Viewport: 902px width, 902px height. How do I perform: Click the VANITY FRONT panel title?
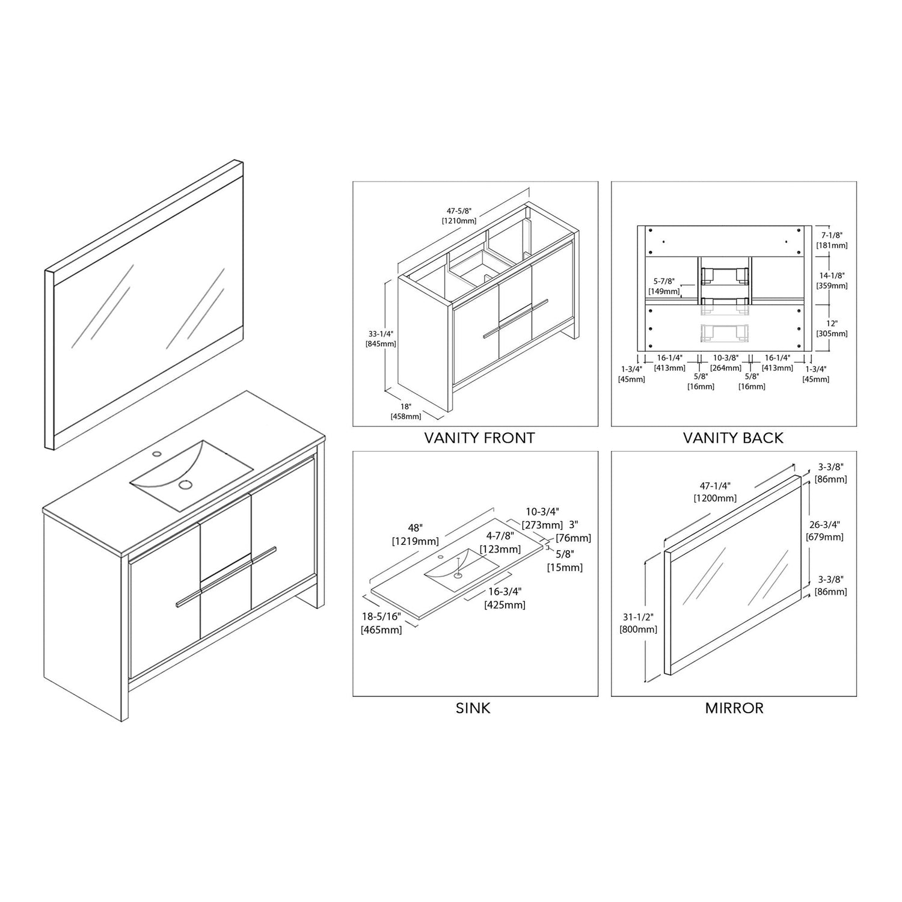click(x=479, y=438)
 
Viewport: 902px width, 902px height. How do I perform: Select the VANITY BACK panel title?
click(x=733, y=438)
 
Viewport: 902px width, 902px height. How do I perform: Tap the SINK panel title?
click(x=473, y=708)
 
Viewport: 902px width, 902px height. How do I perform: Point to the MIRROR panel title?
click(x=734, y=708)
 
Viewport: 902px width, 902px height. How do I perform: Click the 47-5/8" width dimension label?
click(x=459, y=216)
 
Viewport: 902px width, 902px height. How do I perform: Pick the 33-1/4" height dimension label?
click(x=381, y=339)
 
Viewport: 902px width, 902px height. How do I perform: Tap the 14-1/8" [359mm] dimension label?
click(x=832, y=281)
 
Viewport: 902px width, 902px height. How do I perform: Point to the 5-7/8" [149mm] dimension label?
click(x=664, y=286)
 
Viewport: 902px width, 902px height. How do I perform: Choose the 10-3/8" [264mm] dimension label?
click(x=725, y=363)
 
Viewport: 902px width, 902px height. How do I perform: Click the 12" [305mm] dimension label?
click(x=832, y=328)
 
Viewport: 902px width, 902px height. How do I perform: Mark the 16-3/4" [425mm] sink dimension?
click(x=505, y=599)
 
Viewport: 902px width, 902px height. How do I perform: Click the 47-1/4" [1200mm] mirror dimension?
click(x=714, y=492)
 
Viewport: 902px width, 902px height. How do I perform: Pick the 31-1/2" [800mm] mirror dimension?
click(x=638, y=623)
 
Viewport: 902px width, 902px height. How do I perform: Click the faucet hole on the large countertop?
click(x=158, y=453)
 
